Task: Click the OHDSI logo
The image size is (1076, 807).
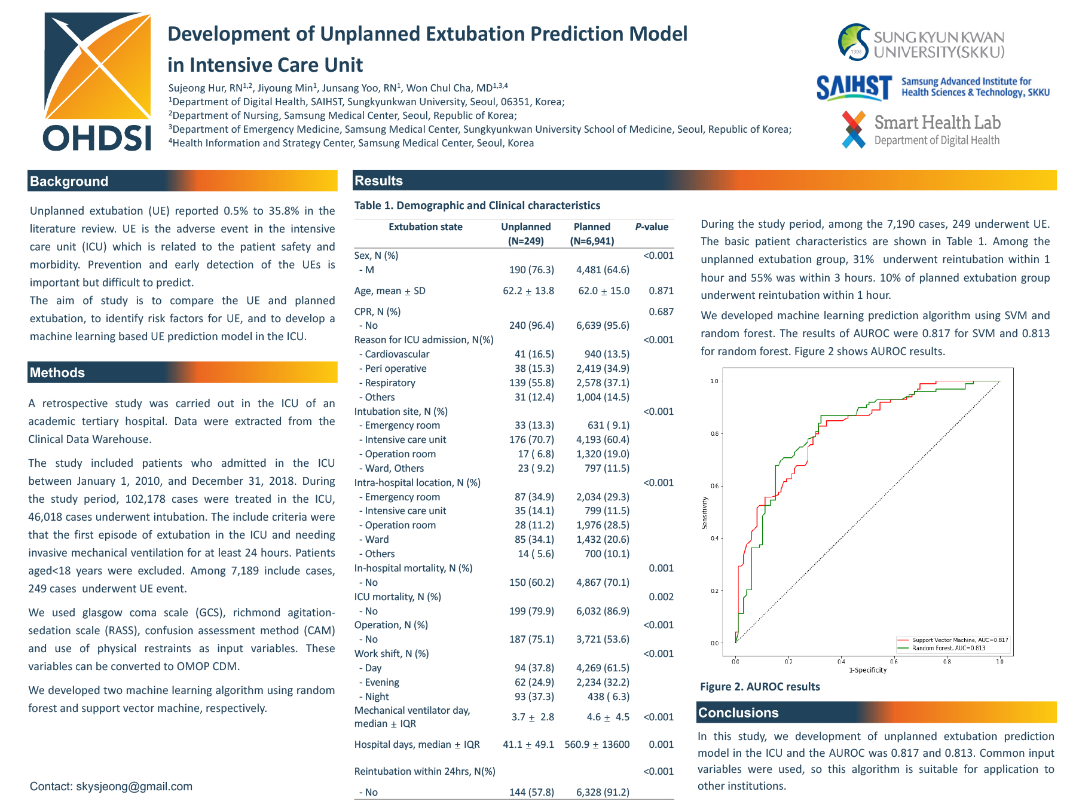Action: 97,82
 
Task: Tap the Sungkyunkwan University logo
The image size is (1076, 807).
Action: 921,43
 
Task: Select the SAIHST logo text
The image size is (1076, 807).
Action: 854,88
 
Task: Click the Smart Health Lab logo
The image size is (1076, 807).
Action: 921,130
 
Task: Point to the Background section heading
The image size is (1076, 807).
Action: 69,182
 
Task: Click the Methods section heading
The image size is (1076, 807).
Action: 57,373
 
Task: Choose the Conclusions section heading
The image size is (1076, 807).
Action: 738,713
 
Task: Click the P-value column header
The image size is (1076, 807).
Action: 652,227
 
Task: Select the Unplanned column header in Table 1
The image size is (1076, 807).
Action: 526,227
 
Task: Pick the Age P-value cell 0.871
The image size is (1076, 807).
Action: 661,291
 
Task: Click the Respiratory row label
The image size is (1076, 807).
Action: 390,383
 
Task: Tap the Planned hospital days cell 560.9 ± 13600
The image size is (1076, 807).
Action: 597,745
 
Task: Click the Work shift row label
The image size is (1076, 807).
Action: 392,654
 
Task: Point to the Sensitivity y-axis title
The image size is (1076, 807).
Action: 705,513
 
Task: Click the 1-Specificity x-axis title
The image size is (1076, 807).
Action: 867,670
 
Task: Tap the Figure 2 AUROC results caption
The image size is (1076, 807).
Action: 760,687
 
